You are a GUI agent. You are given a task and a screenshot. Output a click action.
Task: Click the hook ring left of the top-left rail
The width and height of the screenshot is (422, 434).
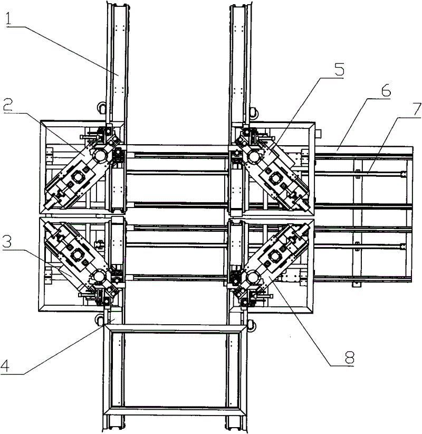click(x=100, y=108)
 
